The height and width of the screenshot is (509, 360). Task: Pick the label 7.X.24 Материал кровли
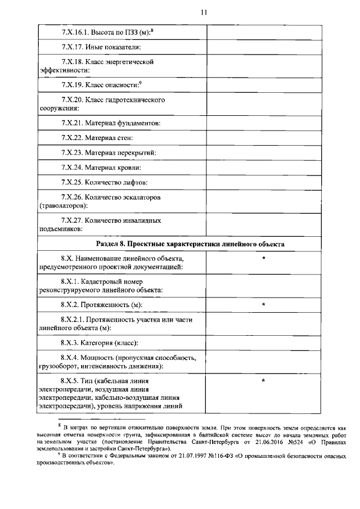[101, 168]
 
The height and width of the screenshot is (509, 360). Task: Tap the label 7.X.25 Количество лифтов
[105, 183]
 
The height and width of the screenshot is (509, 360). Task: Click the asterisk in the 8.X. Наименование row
[263, 258]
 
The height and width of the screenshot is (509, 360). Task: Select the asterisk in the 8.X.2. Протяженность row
[263, 305]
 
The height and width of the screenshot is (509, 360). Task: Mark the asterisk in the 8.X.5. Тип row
[263, 381]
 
